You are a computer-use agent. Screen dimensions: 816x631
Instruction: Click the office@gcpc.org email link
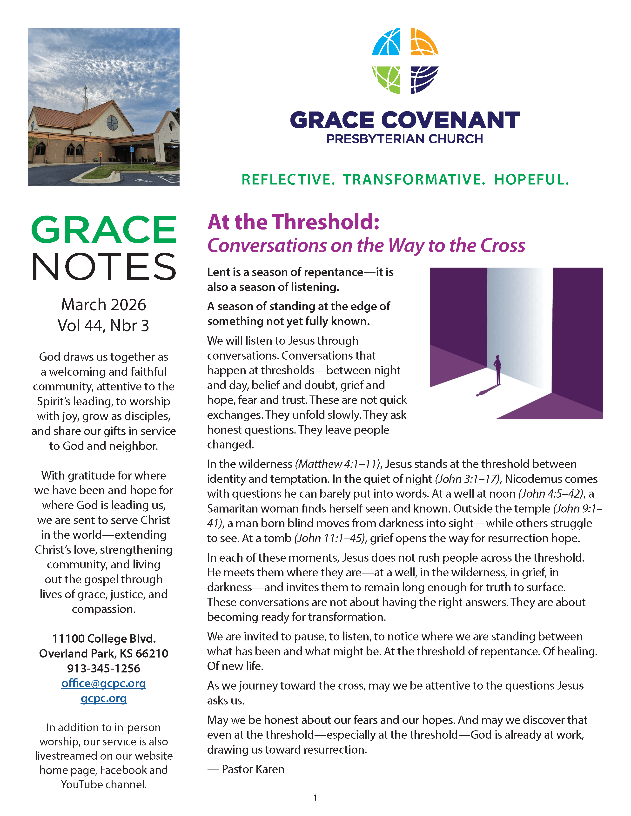(x=104, y=683)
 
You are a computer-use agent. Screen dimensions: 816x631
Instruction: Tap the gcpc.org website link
(x=104, y=698)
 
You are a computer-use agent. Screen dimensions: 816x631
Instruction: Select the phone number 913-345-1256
(x=104, y=668)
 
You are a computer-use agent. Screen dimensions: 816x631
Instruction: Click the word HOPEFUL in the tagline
(x=531, y=180)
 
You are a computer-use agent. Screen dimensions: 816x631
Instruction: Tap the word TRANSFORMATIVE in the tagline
(x=414, y=180)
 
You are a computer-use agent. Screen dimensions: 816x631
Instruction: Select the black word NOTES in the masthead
(x=104, y=266)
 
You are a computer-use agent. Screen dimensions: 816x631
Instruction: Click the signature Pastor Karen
(x=253, y=769)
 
